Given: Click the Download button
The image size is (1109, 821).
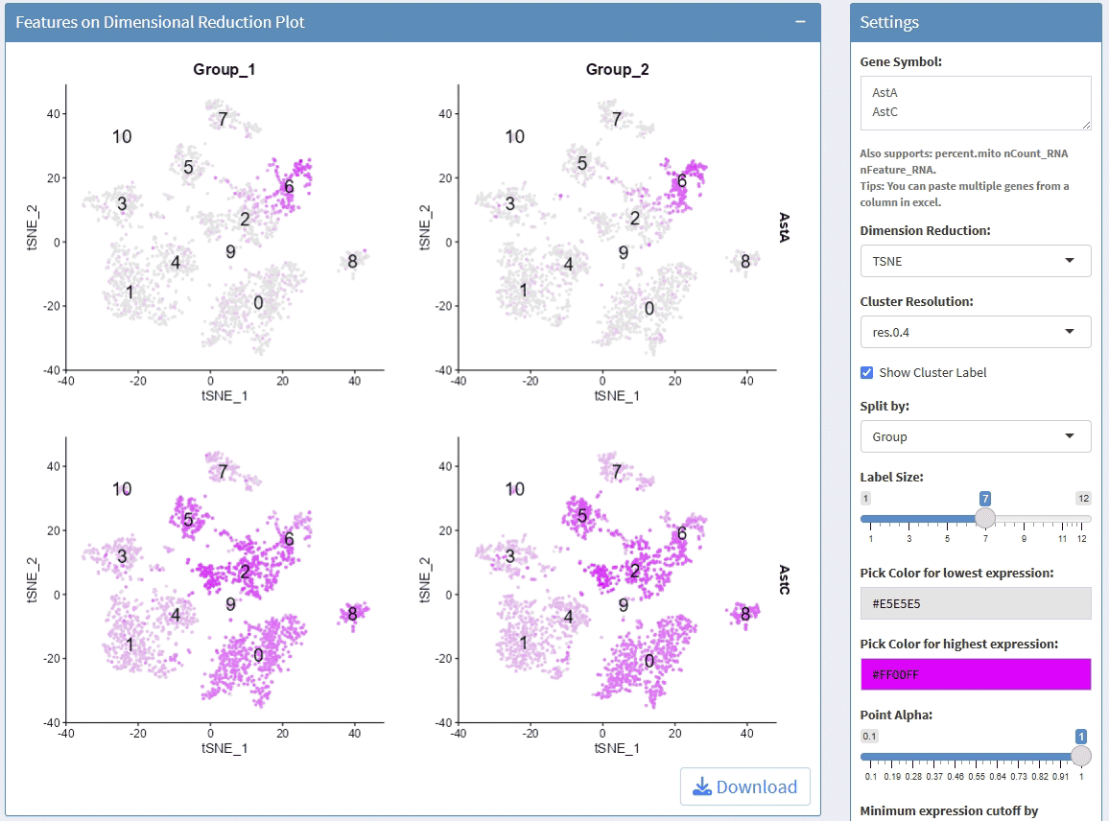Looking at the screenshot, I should point(745,786).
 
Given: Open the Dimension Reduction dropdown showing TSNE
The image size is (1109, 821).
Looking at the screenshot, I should point(975,261).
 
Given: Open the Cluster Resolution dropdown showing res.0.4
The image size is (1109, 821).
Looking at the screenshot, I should point(975,332).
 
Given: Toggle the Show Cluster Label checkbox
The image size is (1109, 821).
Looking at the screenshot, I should point(867,372).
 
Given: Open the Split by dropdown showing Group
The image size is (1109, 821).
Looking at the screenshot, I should point(975,436).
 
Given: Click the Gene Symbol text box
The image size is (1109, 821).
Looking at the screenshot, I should point(975,103).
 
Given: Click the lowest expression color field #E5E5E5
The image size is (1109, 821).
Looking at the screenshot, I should point(975,603).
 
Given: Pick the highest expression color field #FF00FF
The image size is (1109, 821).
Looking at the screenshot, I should point(975,674).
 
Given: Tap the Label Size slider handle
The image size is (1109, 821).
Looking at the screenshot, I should point(984,518).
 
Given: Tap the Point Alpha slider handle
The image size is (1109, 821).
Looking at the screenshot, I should point(1081,755).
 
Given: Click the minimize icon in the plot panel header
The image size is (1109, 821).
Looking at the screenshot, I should point(800,21).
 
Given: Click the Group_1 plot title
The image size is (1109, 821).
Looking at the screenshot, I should point(224,69).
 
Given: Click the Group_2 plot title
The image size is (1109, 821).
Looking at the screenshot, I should point(618,69).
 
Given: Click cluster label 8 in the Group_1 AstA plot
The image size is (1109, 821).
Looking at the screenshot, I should point(353,261).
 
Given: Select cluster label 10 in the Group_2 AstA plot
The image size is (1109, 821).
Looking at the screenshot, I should point(515,136).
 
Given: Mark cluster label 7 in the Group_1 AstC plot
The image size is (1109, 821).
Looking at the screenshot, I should point(223,472).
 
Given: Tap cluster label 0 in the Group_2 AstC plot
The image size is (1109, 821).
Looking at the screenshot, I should point(649,660).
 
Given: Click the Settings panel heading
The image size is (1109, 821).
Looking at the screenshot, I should point(889,22).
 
